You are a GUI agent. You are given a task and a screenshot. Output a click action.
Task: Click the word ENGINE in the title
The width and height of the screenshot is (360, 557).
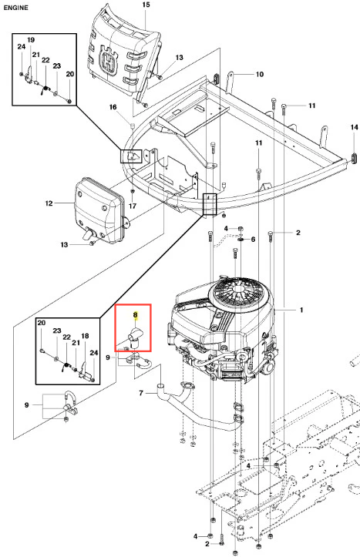(15, 8)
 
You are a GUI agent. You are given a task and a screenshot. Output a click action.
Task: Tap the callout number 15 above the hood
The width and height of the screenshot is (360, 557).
(146, 5)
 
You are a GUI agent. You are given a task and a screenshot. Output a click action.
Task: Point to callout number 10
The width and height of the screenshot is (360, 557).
(260, 74)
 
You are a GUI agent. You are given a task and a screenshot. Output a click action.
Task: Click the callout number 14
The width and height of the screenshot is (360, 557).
(355, 127)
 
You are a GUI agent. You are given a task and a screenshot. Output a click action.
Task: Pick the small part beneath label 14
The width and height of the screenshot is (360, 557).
(355, 157)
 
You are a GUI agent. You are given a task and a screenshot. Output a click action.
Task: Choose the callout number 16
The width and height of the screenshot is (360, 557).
(113, 107)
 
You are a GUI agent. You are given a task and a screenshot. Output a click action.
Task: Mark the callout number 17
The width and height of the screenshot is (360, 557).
(133, 206)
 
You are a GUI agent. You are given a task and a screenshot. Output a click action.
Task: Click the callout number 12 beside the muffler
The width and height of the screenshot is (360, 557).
(49, 203)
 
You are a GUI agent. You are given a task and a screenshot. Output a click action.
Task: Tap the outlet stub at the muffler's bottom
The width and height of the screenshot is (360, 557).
(87, 233)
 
